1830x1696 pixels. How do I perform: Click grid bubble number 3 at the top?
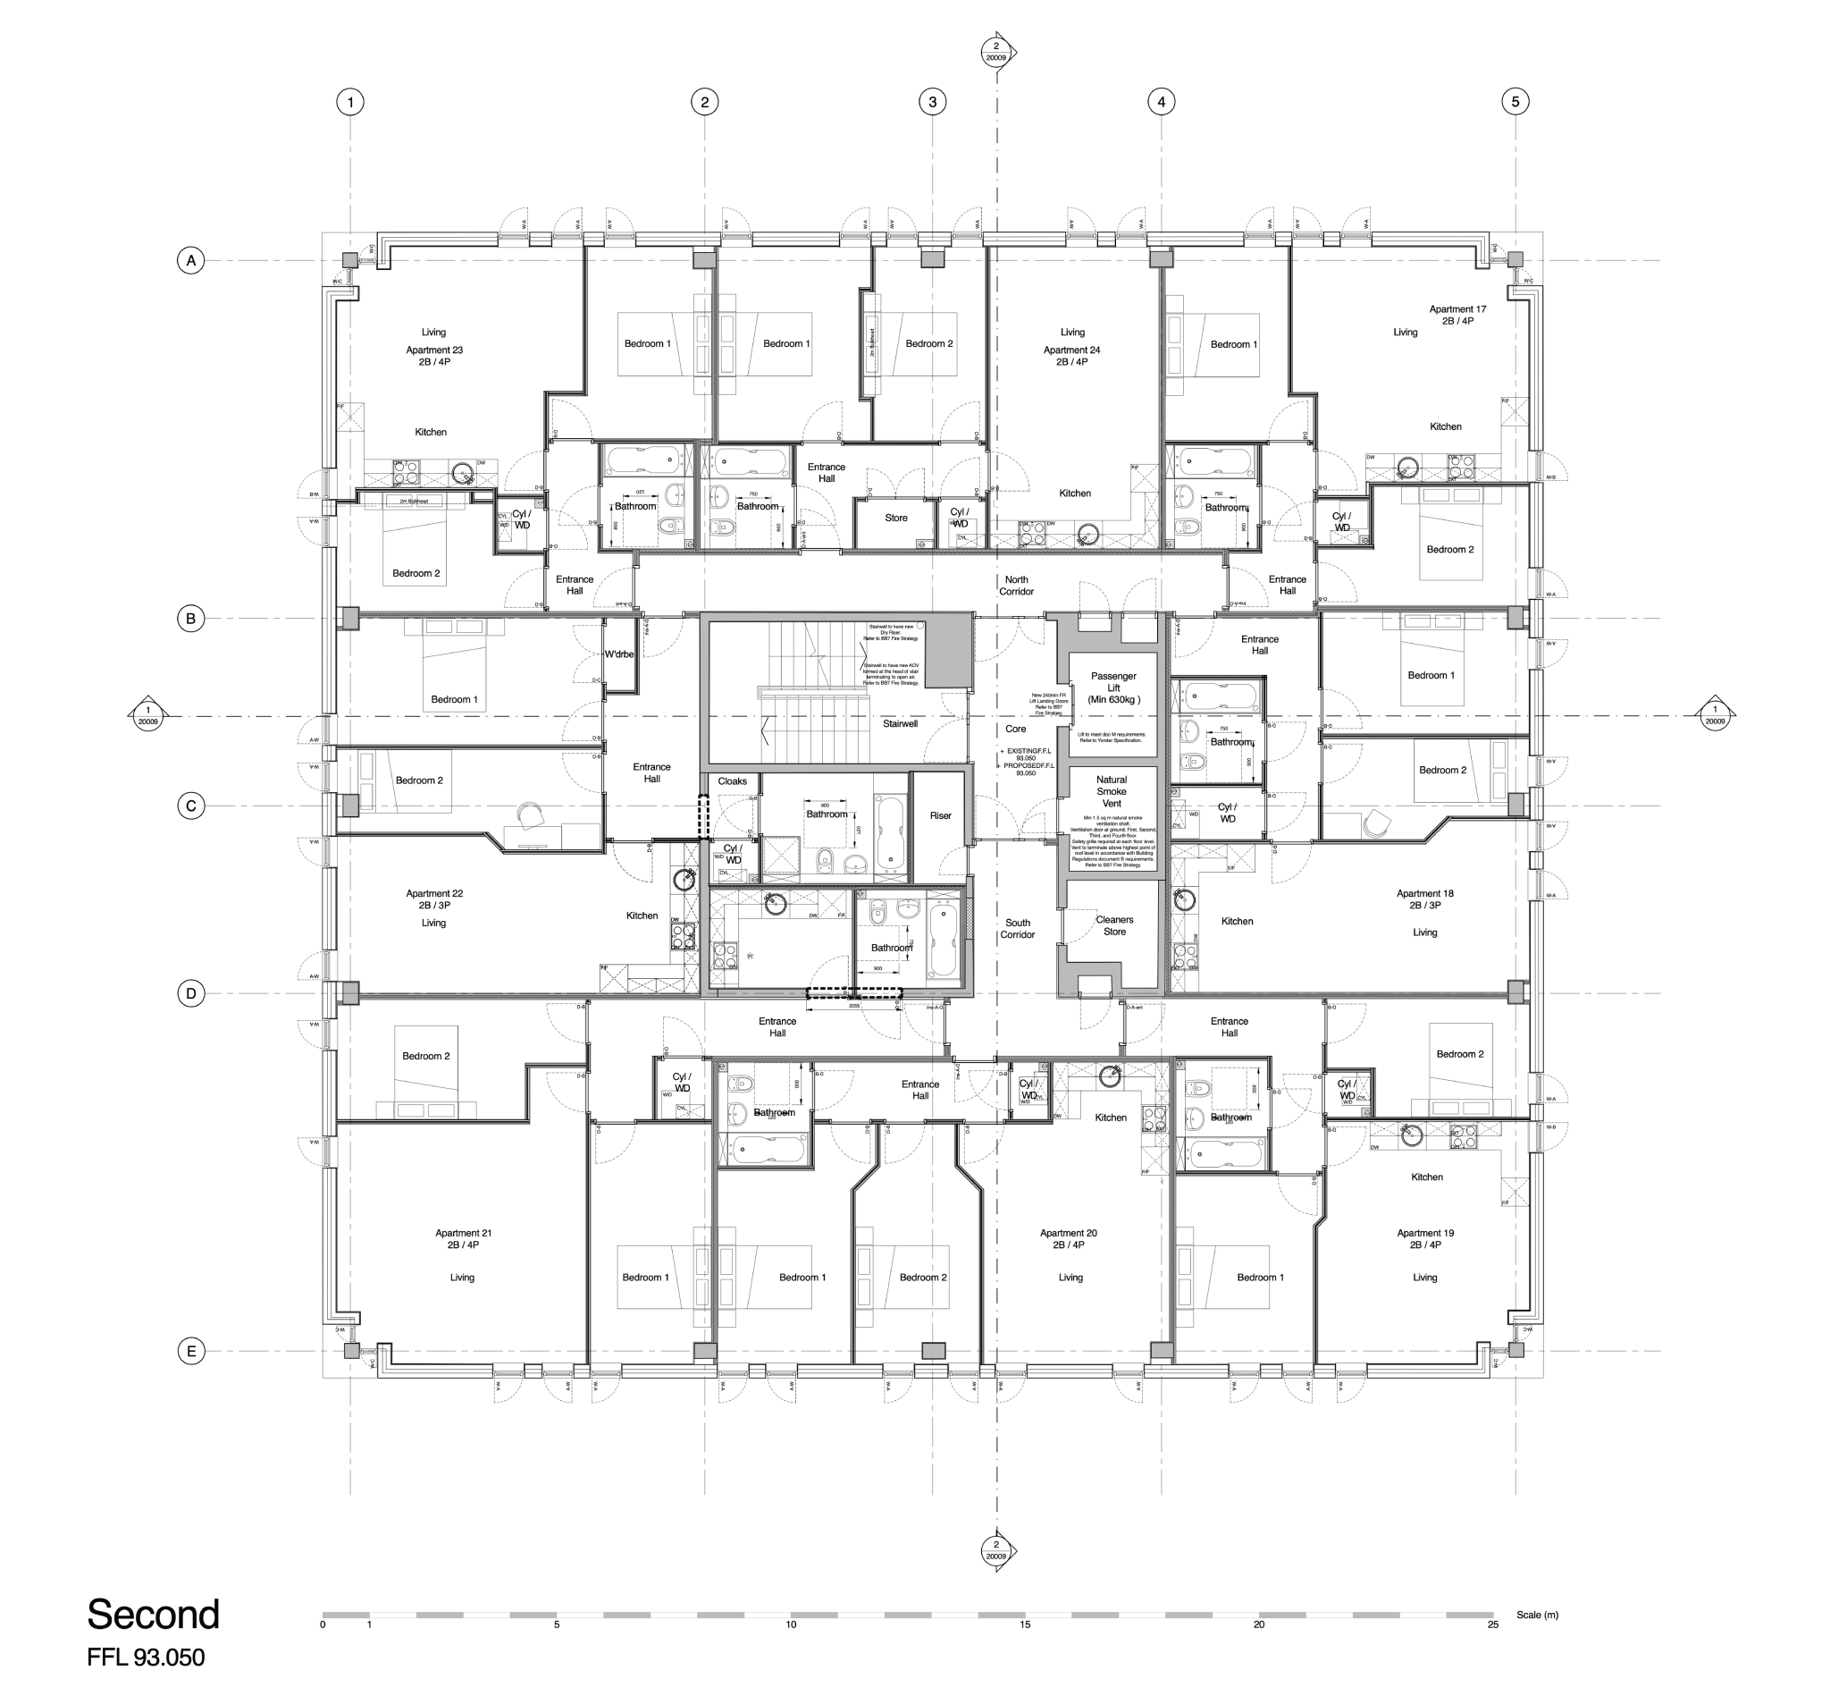click(932, 102)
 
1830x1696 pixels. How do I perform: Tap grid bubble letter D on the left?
click(191, 993)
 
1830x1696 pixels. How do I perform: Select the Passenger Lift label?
click(1112, 688)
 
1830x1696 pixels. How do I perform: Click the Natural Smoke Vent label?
click(1111, 791)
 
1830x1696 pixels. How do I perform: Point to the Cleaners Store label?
click(1114, 925)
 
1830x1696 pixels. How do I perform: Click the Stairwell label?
click(900, 723)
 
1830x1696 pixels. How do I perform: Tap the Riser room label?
click(940, 815)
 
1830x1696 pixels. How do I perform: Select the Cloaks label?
click(732, 781)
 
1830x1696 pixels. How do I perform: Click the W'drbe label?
click(619, 654)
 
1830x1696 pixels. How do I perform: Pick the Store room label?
click(895, 518)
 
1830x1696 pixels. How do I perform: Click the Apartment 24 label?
click(1071, 350)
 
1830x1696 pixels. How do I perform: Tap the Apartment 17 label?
click(1456, 309)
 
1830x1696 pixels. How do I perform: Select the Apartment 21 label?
click(463, 1233)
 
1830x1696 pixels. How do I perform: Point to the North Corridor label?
click(1016, 586)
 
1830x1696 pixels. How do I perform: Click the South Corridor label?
click(1017, 929)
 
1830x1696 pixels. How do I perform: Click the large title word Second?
click(153, 1614)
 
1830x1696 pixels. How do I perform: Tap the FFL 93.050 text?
click(146, 1658)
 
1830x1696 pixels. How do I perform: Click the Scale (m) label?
click(1536, 1615)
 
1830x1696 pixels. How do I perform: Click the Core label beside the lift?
click(1015, 729)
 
